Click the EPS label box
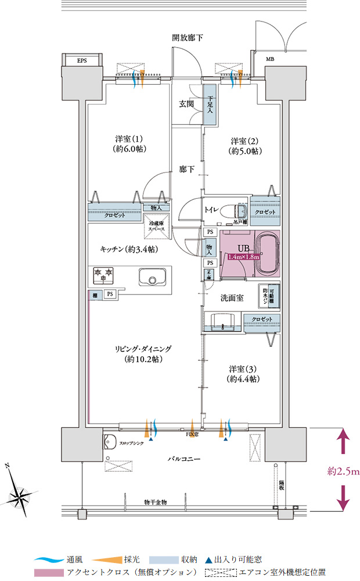[82, 60]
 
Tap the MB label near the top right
[270, 59]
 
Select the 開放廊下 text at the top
[187, 38]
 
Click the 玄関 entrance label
[186, 104]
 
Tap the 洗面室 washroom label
[232, 297]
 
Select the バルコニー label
[184, 459]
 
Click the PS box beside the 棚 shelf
[109, 295]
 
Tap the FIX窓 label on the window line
[193, 434]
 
